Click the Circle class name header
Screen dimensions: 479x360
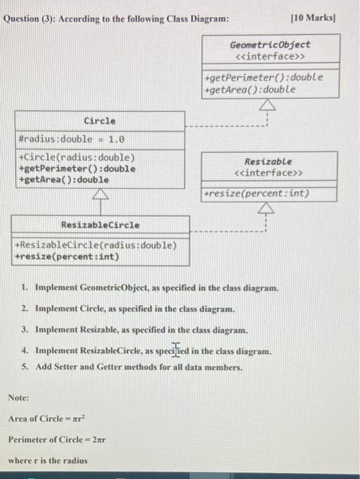click(99, 121)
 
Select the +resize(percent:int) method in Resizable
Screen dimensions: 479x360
click(257, 194)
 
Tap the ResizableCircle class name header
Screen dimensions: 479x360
click(100, 224)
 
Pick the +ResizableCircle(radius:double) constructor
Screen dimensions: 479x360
click(96, 245)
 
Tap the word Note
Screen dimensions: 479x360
click(18, 397)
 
